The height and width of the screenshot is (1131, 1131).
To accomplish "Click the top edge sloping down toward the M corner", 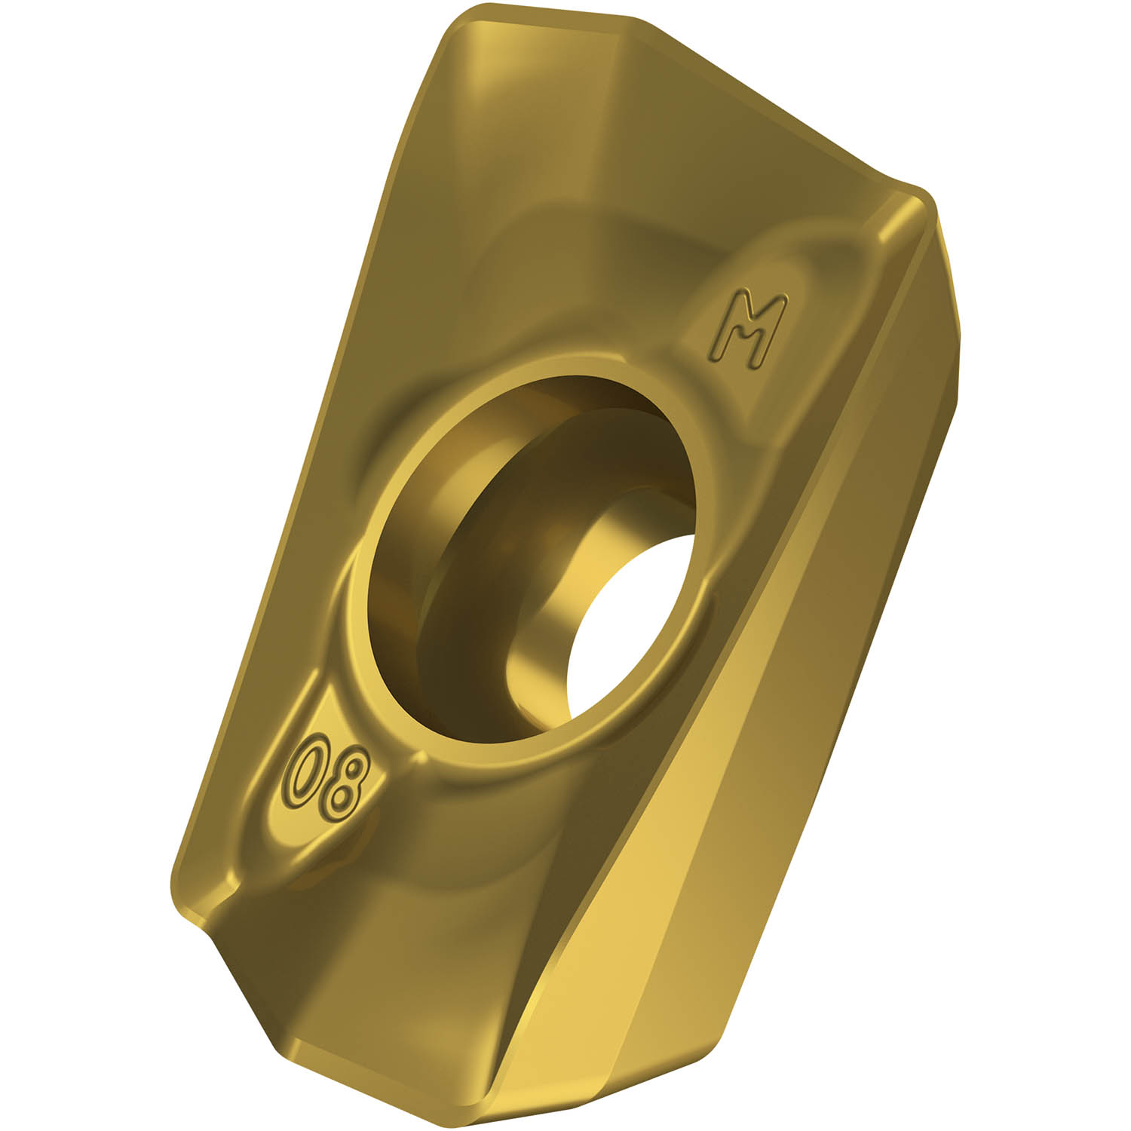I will (754, 98).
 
